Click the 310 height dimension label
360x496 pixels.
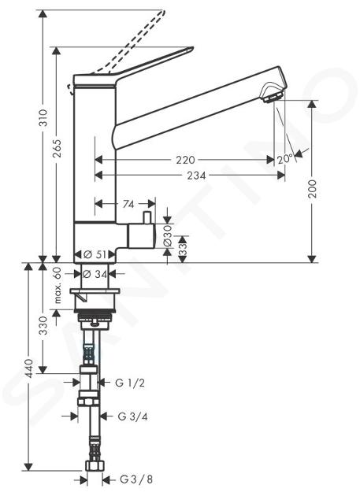43,118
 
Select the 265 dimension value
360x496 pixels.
57,148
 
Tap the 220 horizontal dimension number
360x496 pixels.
186,160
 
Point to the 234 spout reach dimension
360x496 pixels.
196,175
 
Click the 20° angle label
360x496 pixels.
285,159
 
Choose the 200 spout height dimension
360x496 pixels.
313,189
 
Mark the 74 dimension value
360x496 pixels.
128,205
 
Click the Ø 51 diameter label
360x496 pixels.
94,254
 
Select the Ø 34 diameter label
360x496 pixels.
95,274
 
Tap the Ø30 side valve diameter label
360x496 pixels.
168,235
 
